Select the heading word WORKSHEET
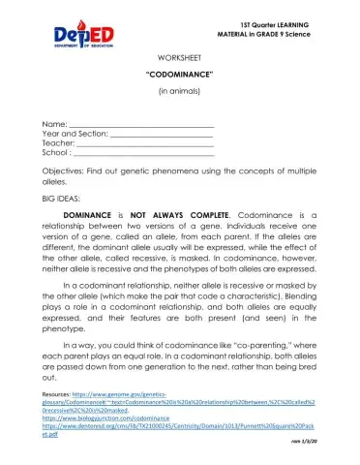click(179, 58)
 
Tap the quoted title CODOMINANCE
click(179, 74)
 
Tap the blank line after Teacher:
click(145, 144)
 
